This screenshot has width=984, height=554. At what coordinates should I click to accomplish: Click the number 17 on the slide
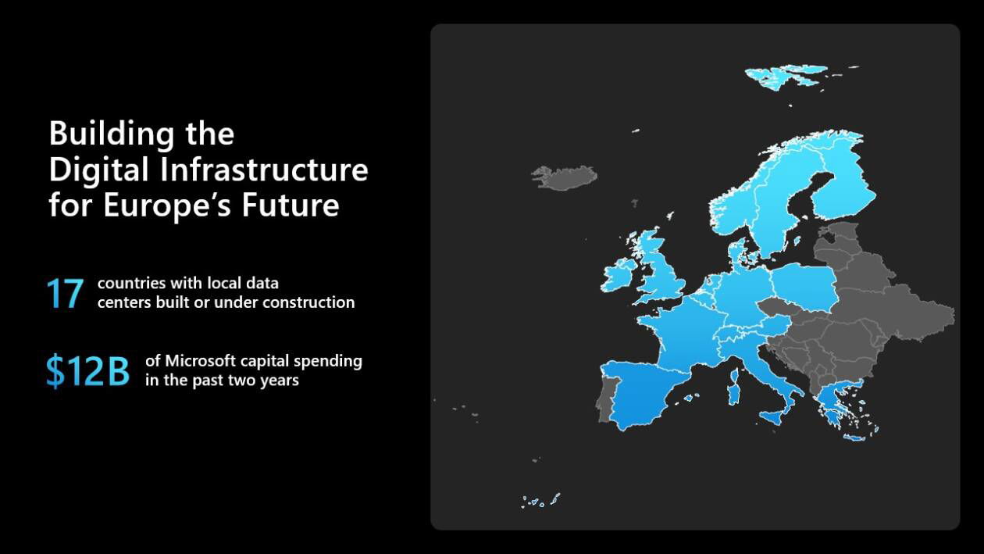click(65, 293)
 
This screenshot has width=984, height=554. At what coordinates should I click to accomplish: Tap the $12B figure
click(87, 371)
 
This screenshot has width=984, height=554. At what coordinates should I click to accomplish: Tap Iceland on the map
click(564, 177)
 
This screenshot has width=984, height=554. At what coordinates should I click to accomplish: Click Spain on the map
click(644, 395)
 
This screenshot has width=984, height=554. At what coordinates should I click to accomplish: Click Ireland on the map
click(619, 276)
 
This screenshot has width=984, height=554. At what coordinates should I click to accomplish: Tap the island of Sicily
click(775, 416)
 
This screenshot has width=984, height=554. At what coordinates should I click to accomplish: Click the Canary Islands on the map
click(539, 502)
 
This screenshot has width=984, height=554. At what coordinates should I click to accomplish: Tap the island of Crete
click(854, 438)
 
